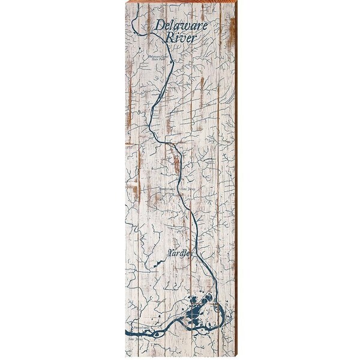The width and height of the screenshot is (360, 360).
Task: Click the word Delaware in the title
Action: tap(179, 26)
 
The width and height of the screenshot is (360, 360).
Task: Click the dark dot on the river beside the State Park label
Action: tap(172, 61)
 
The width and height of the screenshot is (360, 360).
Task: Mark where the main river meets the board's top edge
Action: tap(142, 13)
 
